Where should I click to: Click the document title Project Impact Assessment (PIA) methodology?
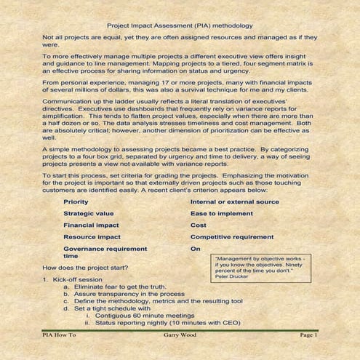tap(180, 25)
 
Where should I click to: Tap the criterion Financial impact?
tap(91, 225)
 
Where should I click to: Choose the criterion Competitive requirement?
tap(232, 236)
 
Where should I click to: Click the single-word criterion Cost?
tap(199, 225)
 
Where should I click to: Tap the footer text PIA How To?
tap(59, 335)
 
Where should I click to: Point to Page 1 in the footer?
tap(308, 335)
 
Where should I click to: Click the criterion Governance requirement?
tap(105, 249)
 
